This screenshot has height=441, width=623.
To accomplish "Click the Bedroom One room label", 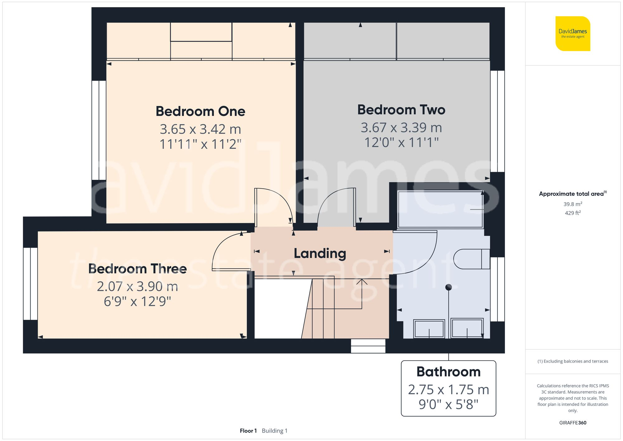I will (200, 111).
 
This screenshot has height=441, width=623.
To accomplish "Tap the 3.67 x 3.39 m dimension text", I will (401, 127).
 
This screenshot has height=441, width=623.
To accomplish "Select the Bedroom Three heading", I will (137, 269).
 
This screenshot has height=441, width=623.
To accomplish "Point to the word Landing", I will (320, 253).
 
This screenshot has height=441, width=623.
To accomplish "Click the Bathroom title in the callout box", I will (448, 372).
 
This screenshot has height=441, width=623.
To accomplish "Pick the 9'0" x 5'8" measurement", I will (448, 405).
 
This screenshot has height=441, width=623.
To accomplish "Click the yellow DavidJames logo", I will (573, 34).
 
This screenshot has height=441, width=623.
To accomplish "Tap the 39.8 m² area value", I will (573, 204).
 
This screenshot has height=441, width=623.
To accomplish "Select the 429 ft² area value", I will (573, 213).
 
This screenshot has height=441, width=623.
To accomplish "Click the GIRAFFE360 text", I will (573, 423).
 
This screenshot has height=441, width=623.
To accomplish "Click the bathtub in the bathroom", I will (440, 209).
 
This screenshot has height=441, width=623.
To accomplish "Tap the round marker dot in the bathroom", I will (449, 287).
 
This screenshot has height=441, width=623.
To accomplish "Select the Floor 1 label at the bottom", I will (248, 431).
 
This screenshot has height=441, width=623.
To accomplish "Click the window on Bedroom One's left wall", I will (99, 130).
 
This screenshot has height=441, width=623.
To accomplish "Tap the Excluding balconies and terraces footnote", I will (573, 361).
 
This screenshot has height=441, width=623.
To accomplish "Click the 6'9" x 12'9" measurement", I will (137, 301).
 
